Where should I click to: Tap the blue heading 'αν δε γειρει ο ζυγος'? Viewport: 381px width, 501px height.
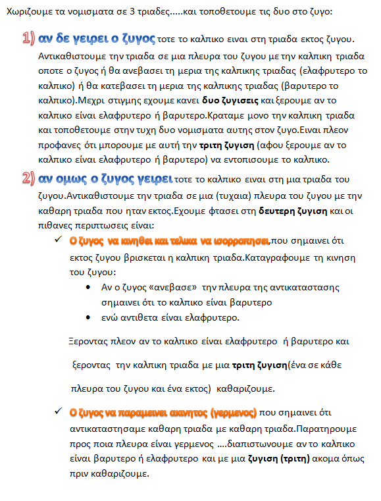[x=97, y=39]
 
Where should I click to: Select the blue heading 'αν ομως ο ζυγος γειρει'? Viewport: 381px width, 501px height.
[x=107, y=179]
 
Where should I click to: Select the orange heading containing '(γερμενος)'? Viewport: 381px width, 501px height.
[x=163, y=413]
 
